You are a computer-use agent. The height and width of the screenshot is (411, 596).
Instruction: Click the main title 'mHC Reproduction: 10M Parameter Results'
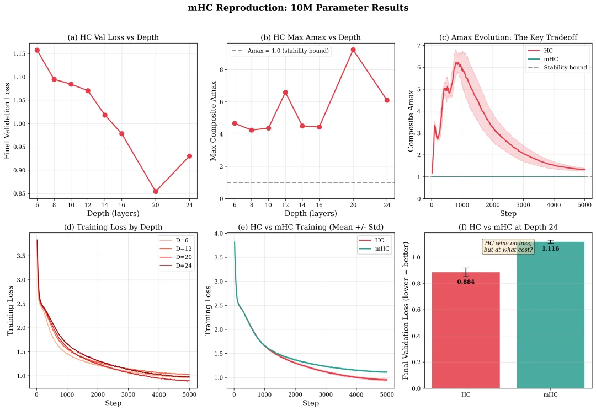pyautogui.click(x=298, y=8)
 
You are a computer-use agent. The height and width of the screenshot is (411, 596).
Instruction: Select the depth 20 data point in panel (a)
pyautogui.click(x=156, y=191)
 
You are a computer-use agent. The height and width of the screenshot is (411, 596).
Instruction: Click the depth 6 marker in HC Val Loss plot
pyautogui.click(x=37, y=50)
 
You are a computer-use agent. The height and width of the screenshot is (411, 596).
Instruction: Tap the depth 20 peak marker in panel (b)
pyautogui.click(x=353, y=50)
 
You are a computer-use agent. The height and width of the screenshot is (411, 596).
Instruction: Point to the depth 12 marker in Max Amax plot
pyautogui.click(x=285, y=92)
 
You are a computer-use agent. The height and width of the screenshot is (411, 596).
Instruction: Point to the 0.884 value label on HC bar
pyautogui.click(x=466, y=282)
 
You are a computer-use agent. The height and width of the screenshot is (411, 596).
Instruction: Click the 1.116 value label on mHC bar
pyautogui.click(x=550, y=249)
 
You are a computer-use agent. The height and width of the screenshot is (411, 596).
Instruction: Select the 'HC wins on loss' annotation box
pyautogui.click(x=508, y=246)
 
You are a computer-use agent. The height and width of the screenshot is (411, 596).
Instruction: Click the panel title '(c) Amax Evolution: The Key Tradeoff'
pyautogui.click(x=508, y=37)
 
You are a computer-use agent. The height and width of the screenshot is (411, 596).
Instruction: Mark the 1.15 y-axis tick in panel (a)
pyautogui.click(x=19, y=53)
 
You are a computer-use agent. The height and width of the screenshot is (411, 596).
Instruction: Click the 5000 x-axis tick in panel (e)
pyautogui.click(x=387, y=394)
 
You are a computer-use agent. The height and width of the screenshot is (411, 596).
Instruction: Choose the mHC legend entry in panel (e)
pyautogui.click(x=376, y=249)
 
